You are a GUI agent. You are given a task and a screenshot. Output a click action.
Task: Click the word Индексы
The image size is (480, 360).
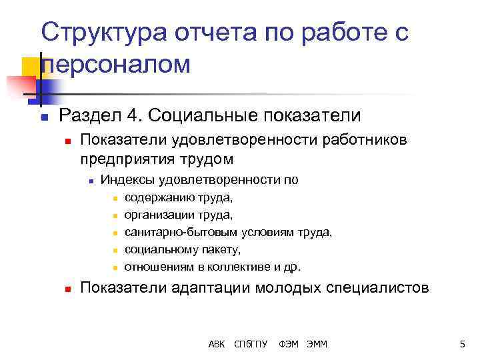[x=127, y=180]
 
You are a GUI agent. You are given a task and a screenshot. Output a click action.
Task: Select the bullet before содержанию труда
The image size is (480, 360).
[x=115, y=198]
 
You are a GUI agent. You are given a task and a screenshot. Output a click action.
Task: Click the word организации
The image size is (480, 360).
[x=157, y=215]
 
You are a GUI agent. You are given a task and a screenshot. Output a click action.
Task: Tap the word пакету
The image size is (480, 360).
[x=220, y=249]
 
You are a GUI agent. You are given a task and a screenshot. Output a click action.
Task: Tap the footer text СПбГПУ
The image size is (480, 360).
[x=251, y=344]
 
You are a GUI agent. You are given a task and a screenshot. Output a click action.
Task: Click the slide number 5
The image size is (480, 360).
[x=461, y=344]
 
